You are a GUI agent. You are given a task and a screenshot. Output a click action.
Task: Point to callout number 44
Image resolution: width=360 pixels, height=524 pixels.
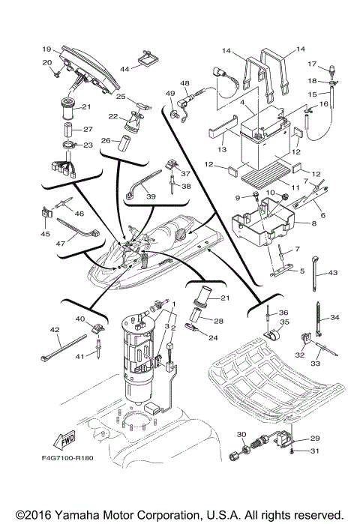(x=125, y=68)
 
